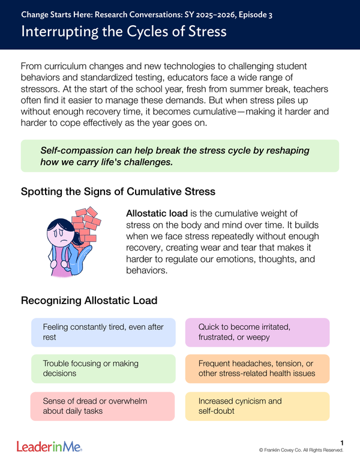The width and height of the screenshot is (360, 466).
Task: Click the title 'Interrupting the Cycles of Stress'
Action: (x=124, y=31)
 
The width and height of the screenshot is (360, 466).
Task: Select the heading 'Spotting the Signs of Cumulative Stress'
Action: (x=118, y=192)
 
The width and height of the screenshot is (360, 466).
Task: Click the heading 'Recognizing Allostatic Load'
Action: (x=89, y=300)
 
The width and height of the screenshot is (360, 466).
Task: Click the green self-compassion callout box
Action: (x=179, y=156)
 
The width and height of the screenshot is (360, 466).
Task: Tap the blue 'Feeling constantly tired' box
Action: (x=103, y=332)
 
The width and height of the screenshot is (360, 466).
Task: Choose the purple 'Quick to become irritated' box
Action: (x=257, y=332)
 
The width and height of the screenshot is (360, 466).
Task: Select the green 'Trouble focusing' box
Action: (x=103, y=368)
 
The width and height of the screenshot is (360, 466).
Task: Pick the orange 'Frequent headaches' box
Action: (x=257, y=368)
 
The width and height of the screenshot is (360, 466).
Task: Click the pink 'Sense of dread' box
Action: (x=103, y=406)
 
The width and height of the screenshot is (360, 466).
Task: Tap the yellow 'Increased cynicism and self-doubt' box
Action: (x=257, y=406)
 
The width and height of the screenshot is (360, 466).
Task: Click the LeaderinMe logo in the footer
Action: (x=49, y=446)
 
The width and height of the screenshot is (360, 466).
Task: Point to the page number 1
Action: (x=341, y=443)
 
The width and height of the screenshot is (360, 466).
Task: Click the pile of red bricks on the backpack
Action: (x=86, y=225)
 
